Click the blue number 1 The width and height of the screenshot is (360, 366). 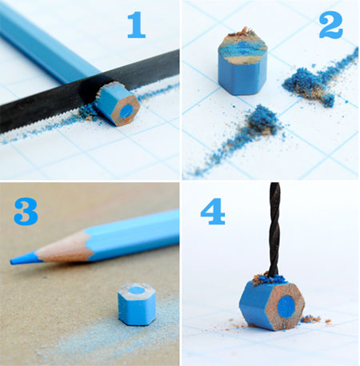[x=137, y=26]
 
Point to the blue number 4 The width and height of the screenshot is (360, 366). [x=213, y=213]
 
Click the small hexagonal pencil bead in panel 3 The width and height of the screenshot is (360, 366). [x=136, y=303]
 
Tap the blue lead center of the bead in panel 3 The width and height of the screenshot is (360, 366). [x=137, y=291]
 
